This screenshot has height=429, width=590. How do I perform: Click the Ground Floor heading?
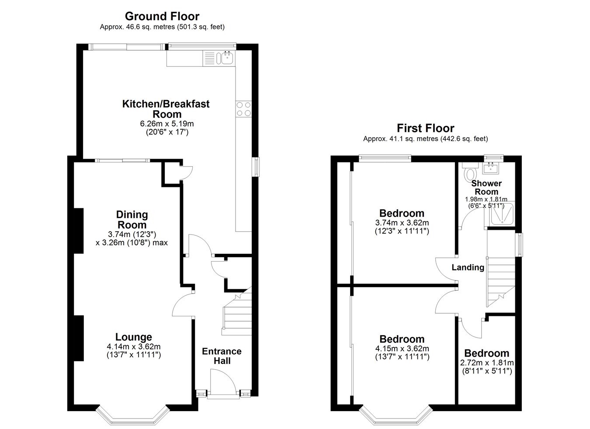point(162,16)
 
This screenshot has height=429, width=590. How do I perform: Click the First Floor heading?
point(425,128)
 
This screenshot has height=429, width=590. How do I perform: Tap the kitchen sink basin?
point(227,58)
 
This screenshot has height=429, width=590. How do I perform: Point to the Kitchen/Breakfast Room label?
point(166,109)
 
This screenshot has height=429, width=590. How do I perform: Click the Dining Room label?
point(132,220)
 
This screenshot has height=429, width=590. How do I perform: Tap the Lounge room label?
point(134,337)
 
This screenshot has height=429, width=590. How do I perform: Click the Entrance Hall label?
point(222,356)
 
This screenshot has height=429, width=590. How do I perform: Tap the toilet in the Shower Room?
point(470,171)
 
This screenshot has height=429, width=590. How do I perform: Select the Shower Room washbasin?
point(490,168)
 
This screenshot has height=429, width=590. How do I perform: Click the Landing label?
point(468,267)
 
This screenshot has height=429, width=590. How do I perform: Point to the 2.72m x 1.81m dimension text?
point(487,363)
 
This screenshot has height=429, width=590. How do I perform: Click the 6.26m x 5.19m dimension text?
point(167,124)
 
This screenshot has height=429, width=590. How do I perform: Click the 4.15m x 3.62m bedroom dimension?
point(402,349)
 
